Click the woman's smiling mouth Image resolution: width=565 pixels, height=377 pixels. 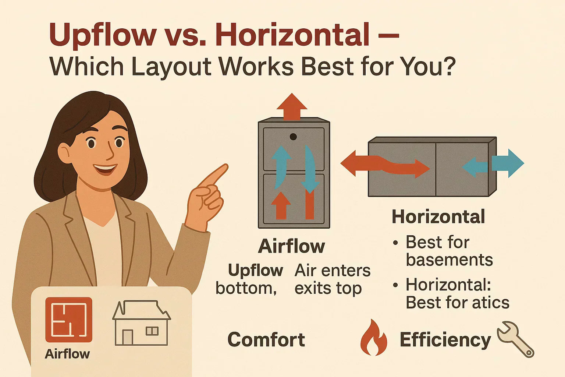pyautogui.click(x=105, y=169)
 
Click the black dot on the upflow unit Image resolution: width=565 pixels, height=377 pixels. pyautogui.click(x=293, y=137)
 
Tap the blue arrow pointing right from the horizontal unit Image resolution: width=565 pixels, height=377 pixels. pyautogui.click(x=509, y=163)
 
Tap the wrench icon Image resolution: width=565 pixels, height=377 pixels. pyautogui.click(x=515, y=339)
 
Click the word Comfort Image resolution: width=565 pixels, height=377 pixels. pyautogui.click(x=266, y=339)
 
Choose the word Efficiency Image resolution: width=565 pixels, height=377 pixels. pyautogui.click(x=445, y=340)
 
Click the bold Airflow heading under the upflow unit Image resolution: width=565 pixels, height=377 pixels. pyautogui.click(x=292, y=246)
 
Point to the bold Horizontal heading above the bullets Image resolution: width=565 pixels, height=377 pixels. pyautogui.click(x=438, y=217)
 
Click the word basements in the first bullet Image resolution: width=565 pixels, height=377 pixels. pyautogui.click(x=449, y=260)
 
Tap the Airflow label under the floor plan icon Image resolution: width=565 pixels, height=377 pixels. pyautogui.click(x=67, y=354)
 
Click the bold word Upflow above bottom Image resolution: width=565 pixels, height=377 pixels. pyautogui.click(x=255, y=270)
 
